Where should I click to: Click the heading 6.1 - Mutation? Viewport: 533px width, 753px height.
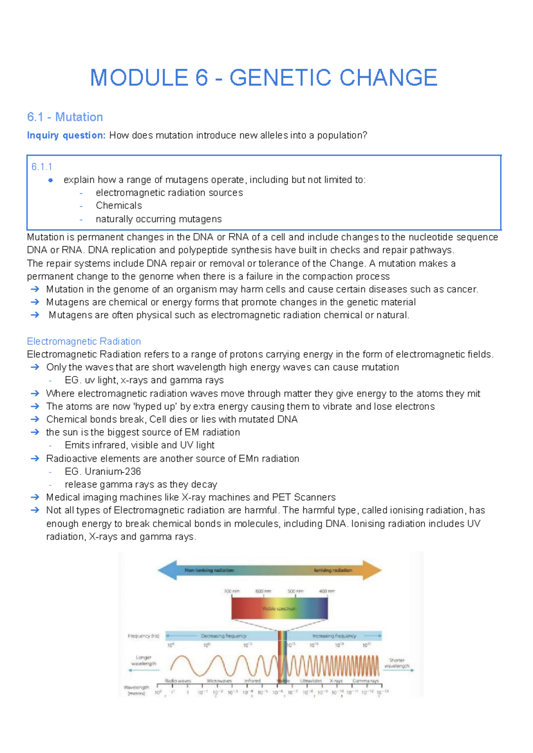tap(65, 117)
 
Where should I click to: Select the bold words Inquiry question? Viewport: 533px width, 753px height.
tap(66, 135)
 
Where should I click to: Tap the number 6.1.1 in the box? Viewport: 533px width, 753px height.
tap(42, 167)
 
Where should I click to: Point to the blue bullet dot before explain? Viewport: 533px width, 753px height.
tap(51, 180)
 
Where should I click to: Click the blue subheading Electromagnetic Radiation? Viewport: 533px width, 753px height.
tap(84, 341)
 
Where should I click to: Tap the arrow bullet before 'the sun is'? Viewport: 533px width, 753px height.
tap(35, 432)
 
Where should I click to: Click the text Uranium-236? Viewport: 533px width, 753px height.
tap(113, 471)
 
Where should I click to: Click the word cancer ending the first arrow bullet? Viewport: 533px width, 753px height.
tap(461, 289)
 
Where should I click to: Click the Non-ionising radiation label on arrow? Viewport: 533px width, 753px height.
tap(209, 570)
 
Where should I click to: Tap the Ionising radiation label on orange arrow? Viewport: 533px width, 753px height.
tap(333, 570)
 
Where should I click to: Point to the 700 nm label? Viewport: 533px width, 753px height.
tap(231, 591)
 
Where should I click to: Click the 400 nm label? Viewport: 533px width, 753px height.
tap(327, 591)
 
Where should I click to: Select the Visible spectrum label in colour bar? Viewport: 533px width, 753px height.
tap(279, 609)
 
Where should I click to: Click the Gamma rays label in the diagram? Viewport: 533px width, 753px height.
tap(366, 681)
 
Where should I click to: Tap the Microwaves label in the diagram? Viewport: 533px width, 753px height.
tap(219, 681)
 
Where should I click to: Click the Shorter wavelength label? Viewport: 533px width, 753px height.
tap(397, 663)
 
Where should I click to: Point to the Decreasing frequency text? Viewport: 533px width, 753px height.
tap(223, 636)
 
